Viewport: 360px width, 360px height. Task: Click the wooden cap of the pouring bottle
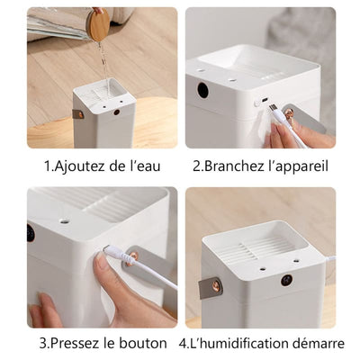click(x=98, y=23)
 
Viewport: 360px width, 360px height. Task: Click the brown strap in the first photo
click(x=78, y=113)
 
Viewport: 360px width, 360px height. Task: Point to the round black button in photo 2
click(x=203, y=91)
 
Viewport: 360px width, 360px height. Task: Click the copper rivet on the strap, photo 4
click(x=215, y=283)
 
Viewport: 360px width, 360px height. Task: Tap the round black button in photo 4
click(x=286, y=280)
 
